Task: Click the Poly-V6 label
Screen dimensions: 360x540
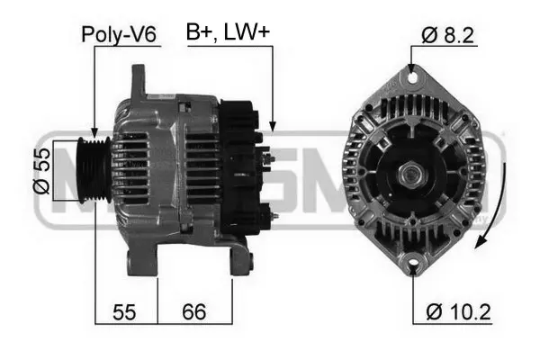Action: tap(120, 35)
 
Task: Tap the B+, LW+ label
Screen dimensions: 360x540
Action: tap(228, 33)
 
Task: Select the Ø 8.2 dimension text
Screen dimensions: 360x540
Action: tap(447, 35)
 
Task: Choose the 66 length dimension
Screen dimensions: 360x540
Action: tap(193, 312)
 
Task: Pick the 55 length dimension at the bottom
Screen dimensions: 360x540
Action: tap(123, 312)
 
